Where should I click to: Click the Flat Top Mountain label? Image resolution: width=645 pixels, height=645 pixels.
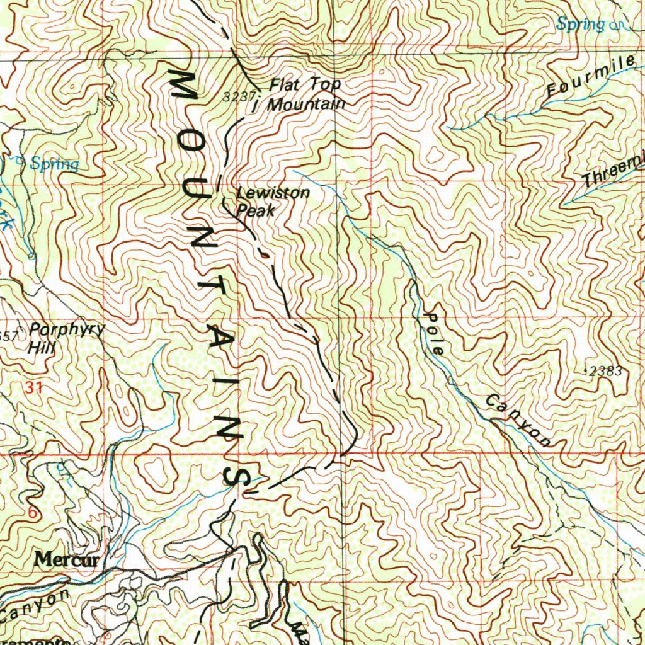[x=306, y=94]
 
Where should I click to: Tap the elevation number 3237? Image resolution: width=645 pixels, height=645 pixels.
[x=238, y=97]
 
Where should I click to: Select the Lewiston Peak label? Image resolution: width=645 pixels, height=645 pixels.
[x=272, y=202]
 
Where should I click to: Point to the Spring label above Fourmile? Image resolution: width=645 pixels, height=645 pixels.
[x=579, y=25]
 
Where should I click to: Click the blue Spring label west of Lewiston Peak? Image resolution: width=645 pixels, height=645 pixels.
[x=55, y=164]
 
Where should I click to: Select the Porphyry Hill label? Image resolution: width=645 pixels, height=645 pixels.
[x=63, y=338]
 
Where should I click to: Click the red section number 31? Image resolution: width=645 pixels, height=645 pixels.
[x=34, y=389]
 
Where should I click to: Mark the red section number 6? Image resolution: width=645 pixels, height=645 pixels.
[x=32, y=513]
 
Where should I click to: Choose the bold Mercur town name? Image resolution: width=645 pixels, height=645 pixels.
[x=68, y=559]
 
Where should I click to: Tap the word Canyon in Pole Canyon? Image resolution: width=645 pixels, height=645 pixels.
[x=518, y=420]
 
